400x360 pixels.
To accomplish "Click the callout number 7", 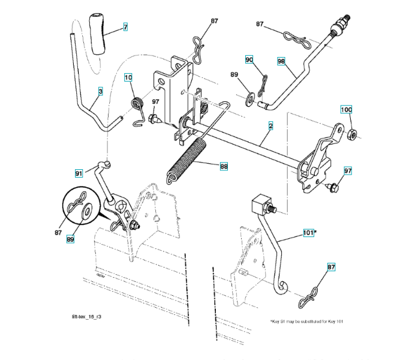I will point(125,27).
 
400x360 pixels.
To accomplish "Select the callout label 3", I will point(100,91).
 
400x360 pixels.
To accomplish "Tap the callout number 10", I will point(128,77).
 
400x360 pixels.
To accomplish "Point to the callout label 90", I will point(249,59).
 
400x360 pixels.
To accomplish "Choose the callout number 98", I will point(281,61).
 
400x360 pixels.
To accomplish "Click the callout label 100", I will point(347,110).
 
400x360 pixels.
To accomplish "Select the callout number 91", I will point(79,173).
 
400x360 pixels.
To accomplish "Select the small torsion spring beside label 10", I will point(137,104).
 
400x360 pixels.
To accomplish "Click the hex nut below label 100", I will point(353,133).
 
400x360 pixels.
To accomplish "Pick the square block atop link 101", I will point(260,205).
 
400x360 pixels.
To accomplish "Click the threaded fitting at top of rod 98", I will point(340,27).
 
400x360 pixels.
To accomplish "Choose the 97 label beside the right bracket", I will point(348,172).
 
